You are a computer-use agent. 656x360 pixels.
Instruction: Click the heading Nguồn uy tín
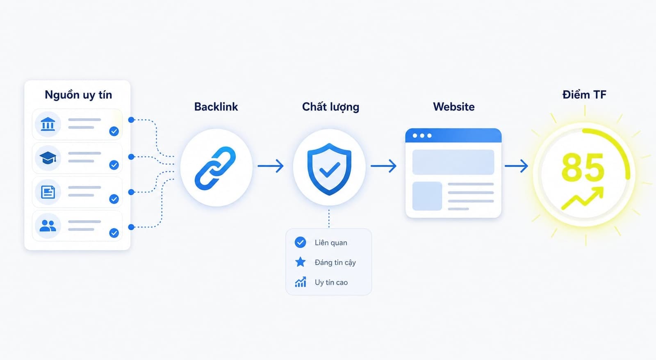coord(78,95)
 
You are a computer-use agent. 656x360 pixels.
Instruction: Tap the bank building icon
coord(48,124)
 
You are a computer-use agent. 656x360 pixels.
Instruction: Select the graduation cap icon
coord(48,158)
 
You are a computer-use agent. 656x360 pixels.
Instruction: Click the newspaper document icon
coord(48,192)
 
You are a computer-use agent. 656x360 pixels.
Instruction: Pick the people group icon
coord(48,226)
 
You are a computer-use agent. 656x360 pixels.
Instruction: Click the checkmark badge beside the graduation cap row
coord(114,165)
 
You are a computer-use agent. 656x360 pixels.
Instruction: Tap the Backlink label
coord(216,107)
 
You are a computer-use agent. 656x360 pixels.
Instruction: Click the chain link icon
coord(215,168)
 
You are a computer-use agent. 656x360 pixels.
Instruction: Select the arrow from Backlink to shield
coord(271,166)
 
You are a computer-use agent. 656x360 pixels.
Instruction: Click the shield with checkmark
coord(329,169)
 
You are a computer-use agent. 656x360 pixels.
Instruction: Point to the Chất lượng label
coord(330,107)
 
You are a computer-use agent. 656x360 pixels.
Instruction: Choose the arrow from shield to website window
coord(384,166)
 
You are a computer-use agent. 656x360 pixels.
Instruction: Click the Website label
coord(453,107)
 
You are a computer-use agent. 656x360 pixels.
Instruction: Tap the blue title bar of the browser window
coord(453,135)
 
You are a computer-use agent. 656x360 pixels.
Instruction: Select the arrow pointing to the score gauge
coord(516,166)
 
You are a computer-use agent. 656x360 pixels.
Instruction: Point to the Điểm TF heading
coord(584,95)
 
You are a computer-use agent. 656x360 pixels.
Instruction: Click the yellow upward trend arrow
coord(583,198)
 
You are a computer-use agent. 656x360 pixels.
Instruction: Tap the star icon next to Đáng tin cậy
coord(300,262)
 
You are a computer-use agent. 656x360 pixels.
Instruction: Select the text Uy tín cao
coord(331,283)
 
